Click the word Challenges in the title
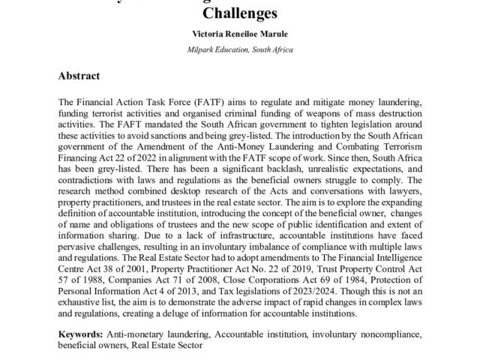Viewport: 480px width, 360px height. [x=240, y=13]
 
